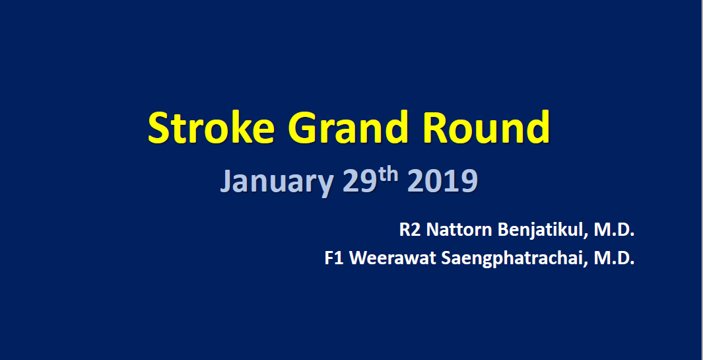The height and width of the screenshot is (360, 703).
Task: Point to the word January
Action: click(x=277, y=182)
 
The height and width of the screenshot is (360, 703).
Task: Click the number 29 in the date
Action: click(x=359, y=181)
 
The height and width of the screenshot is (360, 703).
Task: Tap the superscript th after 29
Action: click(x=387, y=175)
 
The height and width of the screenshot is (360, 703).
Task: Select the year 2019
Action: click(x=442, y=181)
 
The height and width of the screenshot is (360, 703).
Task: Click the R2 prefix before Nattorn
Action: click(x=410, y=231)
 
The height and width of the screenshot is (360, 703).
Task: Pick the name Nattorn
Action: click(x=459, y=231)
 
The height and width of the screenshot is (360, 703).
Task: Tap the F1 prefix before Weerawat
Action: click(x=335, y=258)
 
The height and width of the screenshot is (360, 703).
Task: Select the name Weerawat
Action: click(x=391, y=258)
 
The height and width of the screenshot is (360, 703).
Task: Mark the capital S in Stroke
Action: click(x=158, y=127)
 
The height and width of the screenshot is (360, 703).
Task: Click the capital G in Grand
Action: click(x=303, y=127)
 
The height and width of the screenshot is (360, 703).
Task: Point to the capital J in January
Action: click(x=227, y=182)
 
